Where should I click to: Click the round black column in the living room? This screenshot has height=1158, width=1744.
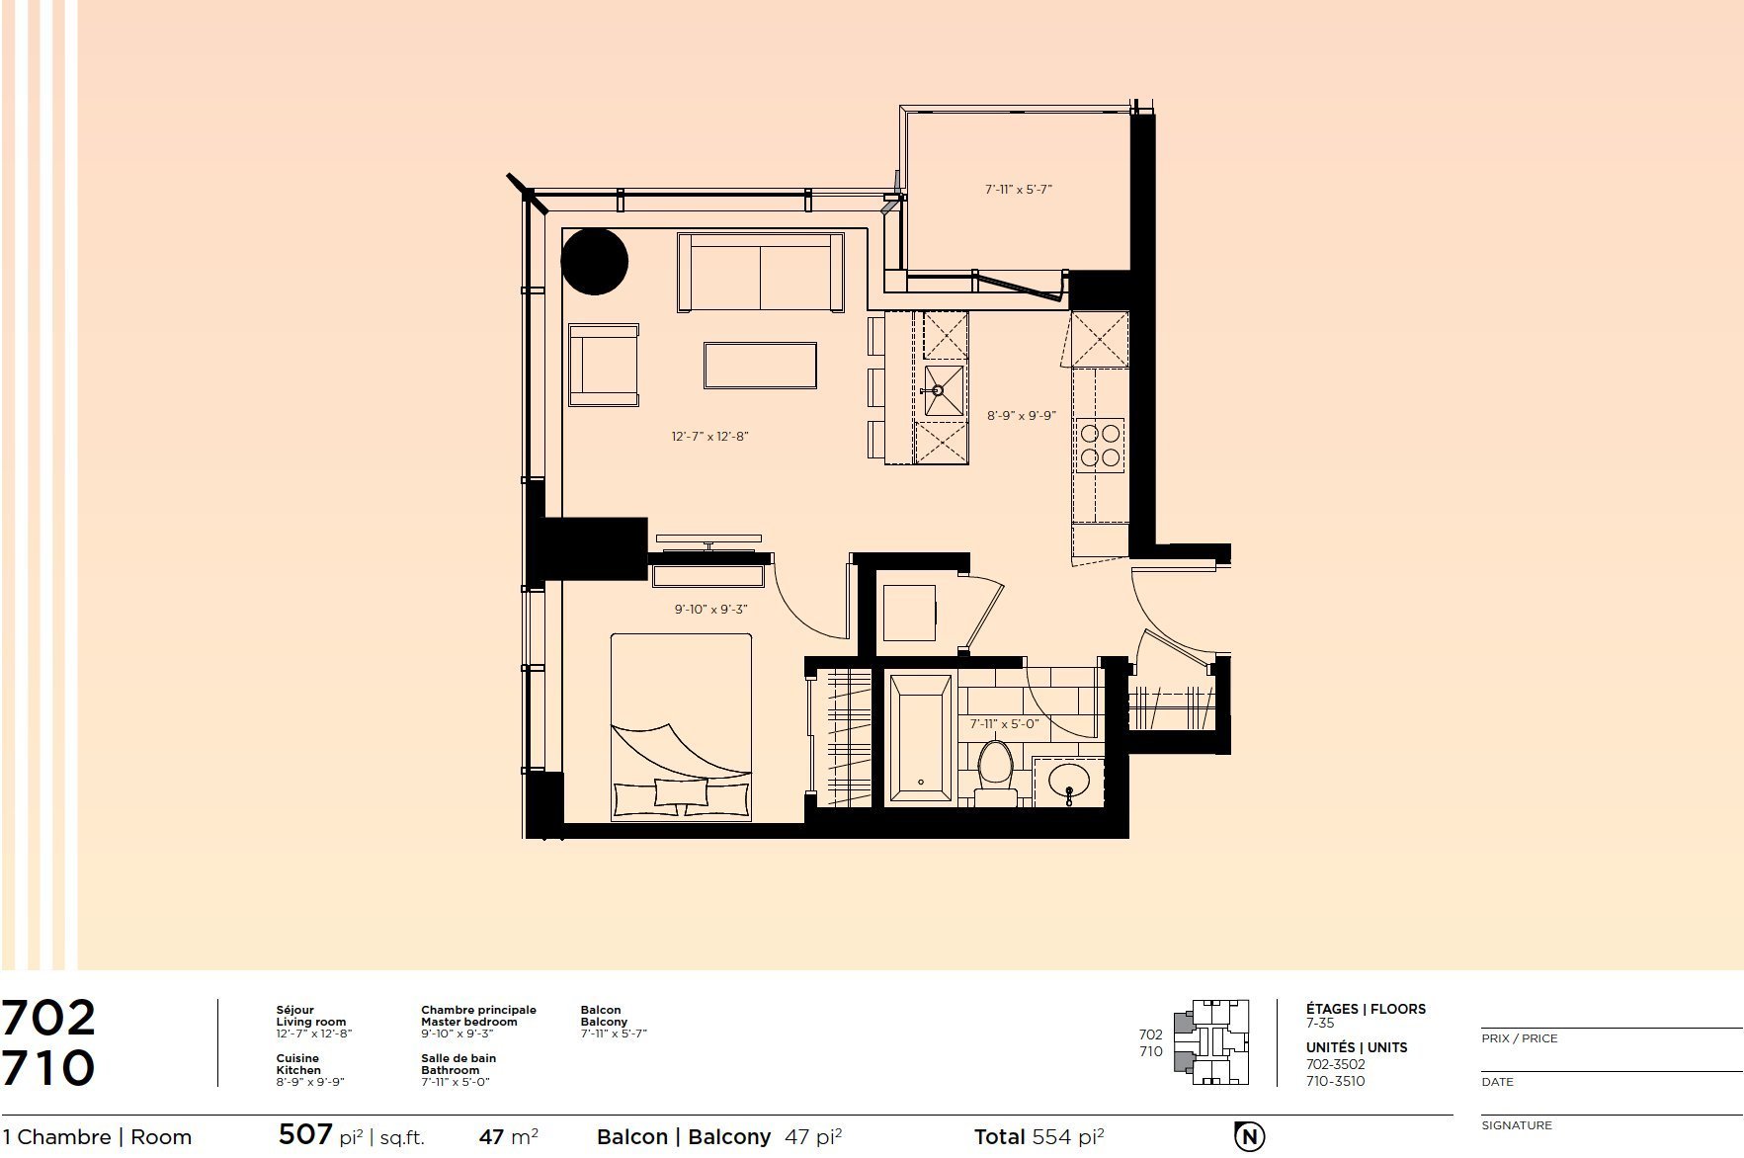(594, 262)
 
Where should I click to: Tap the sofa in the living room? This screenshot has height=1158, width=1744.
(760, 273)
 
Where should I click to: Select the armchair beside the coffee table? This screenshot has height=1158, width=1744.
(604, 365)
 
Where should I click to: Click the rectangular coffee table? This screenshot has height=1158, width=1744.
(760, 366)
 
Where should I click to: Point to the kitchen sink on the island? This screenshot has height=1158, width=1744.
(944, 391)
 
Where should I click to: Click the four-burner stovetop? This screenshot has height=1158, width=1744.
(1100, 445)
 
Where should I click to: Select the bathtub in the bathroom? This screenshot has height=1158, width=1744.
(920, 738)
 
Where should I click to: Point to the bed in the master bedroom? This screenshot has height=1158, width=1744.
(681, 727)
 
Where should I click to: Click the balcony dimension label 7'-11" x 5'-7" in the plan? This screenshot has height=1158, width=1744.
(1019, 189)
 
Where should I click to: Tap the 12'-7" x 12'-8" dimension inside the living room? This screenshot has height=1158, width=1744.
(709, 436)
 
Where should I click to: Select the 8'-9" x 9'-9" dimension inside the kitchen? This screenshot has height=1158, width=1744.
(1022, 416)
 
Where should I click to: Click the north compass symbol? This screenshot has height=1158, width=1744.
(1249, 1136)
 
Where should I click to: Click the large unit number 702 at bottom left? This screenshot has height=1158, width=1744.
(48, 1017)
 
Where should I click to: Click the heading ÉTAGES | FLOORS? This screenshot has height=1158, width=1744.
(1366, 1009)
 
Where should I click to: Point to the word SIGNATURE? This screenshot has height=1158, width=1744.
(1517, 1125)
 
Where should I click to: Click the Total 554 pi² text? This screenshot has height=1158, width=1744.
(1039, 1136)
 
